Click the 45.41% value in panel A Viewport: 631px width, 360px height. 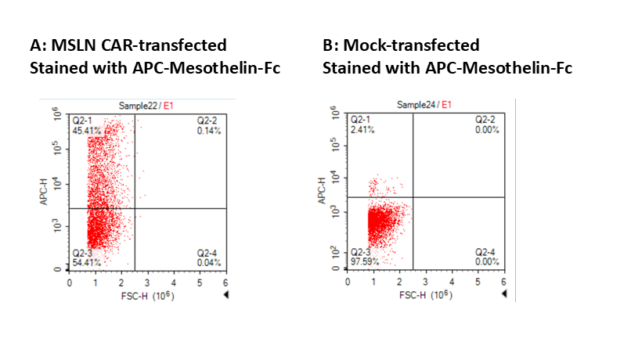click(85, 130)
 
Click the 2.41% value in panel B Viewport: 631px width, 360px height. click(361, 128)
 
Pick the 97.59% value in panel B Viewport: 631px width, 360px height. click(364, 261)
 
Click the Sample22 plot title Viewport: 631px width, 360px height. click(138, 105)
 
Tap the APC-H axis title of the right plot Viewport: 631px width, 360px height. click(321, 191)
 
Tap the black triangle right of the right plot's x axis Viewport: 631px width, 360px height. click(505, 293)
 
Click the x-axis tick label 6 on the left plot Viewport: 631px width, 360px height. click(225, 282)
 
